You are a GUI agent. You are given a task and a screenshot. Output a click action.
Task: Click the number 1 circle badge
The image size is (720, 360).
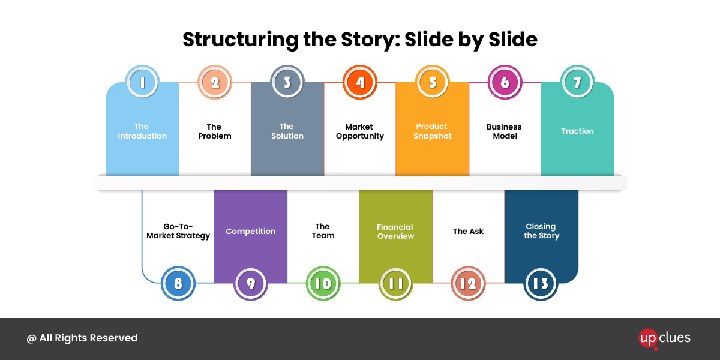142,82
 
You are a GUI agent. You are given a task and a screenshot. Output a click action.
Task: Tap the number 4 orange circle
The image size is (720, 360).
360,82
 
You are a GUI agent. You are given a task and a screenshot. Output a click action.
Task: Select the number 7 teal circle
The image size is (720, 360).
577,82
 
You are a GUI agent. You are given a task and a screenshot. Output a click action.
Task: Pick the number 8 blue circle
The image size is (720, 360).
178,283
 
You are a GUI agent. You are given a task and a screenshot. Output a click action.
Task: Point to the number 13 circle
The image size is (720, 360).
541,283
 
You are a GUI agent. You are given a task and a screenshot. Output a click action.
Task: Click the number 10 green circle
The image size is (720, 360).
323,283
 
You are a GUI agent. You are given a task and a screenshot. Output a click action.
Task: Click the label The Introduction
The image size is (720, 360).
142,131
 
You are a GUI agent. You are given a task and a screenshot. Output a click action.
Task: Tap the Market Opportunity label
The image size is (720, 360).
360,131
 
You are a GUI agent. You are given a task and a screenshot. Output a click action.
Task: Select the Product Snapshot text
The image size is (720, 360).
432,131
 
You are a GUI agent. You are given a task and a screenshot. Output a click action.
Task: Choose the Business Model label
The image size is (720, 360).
504,131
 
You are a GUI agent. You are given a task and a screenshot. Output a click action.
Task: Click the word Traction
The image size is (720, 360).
577,131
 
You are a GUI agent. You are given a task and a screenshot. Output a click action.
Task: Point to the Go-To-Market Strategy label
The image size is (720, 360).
178,231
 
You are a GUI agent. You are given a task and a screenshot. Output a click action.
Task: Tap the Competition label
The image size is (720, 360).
251,232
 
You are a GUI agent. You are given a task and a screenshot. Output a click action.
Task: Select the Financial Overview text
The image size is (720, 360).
395,232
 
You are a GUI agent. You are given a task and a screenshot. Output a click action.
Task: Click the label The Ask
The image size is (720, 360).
468,232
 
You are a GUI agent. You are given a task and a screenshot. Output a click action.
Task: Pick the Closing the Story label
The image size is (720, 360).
541,232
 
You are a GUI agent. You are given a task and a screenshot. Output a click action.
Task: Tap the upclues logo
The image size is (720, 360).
665,338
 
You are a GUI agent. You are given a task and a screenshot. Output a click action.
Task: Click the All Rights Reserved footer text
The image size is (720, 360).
82,338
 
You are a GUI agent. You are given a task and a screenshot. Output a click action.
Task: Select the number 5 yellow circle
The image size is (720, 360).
432,82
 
